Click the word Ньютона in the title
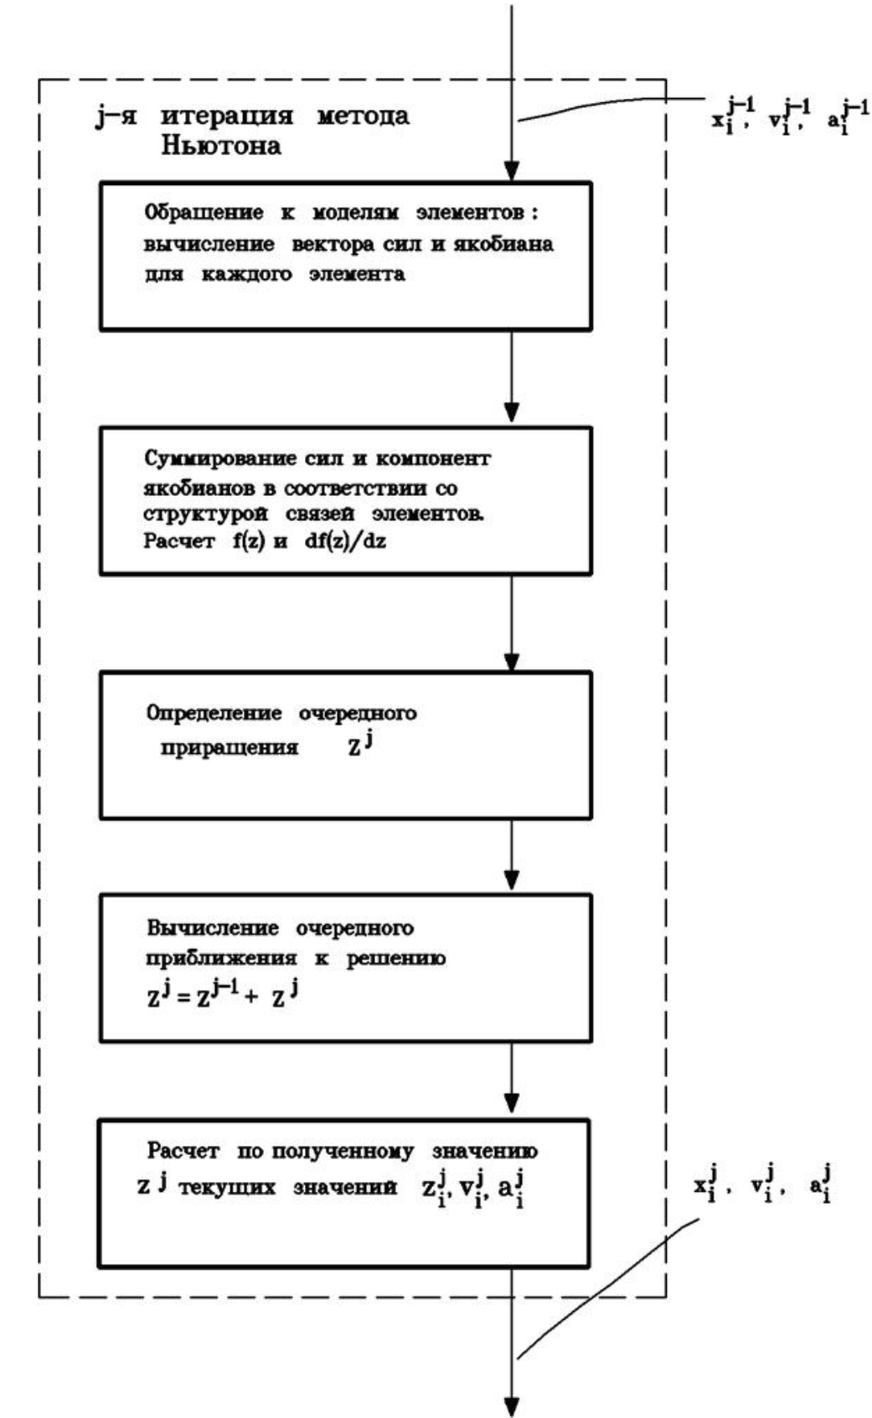click(221, 147)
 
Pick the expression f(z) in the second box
click(249, 541)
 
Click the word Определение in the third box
click(214, 714)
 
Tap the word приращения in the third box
click(230, 747)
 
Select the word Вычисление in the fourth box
click(213, 928)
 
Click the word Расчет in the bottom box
click(183, 1152)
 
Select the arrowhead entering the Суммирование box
click(511, 412)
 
